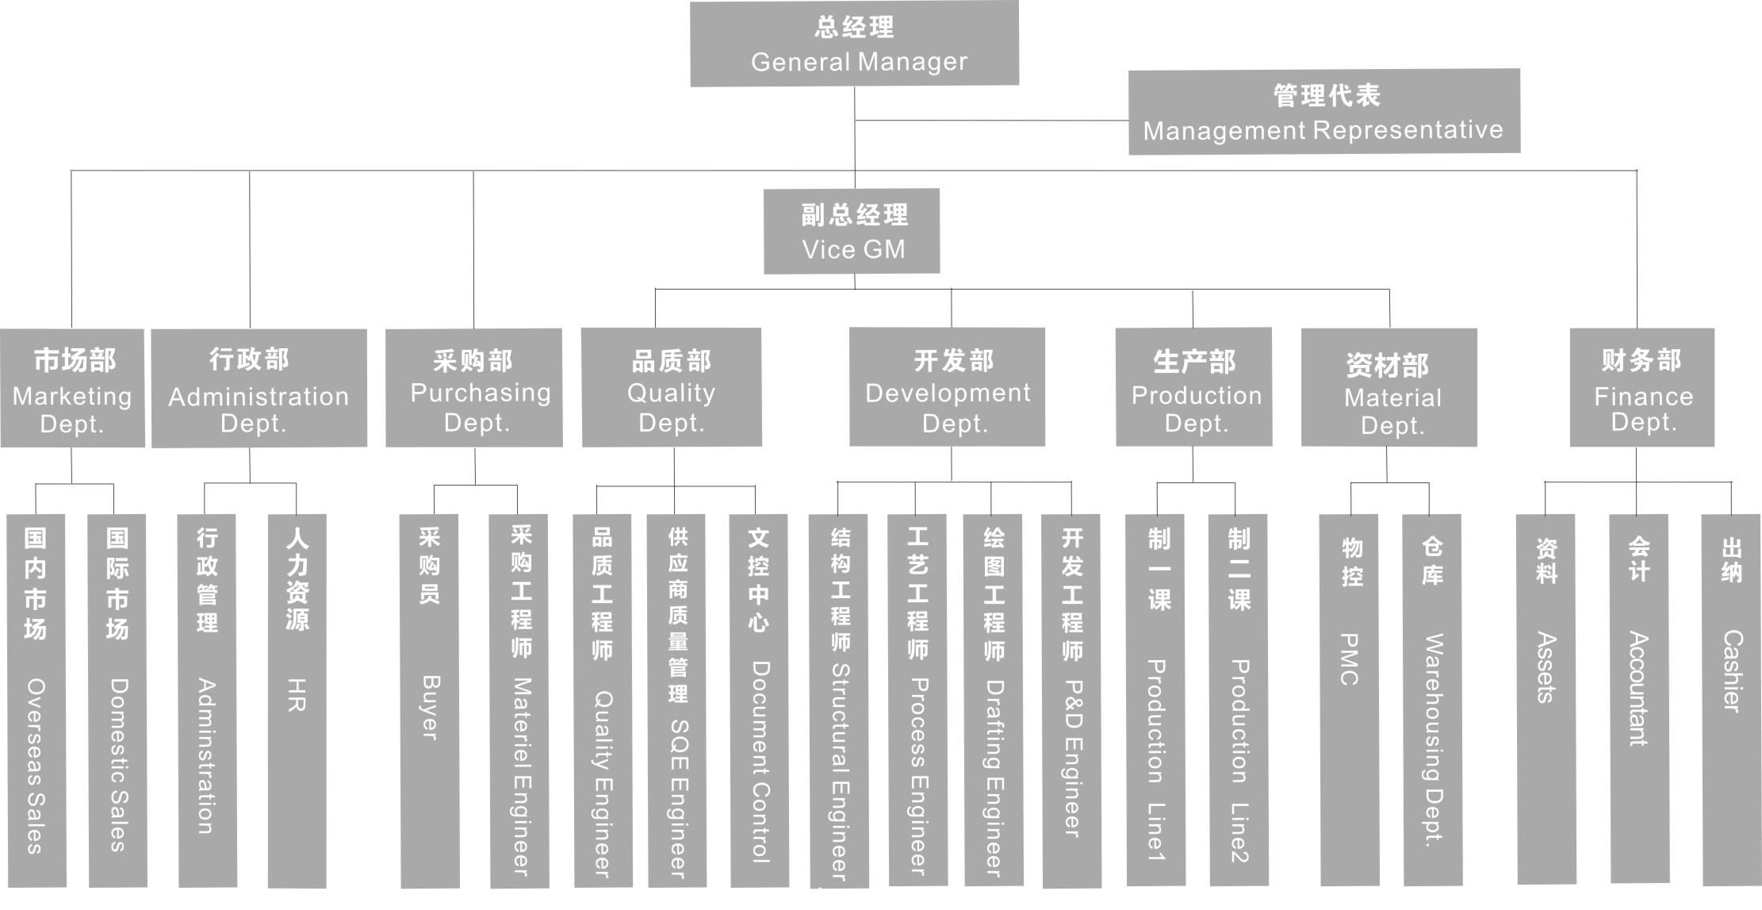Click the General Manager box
[854, 44]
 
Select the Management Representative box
[1323, 111]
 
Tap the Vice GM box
[852, 231]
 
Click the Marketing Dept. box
[72, 388]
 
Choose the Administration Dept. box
[259, 388]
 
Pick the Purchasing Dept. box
[473, 388]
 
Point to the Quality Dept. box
[671, 388]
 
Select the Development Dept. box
[947, 387]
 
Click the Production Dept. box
[1193, 387]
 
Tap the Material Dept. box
[1389, 388]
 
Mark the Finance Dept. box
[1641, 388]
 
